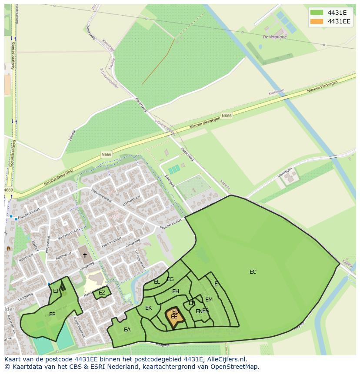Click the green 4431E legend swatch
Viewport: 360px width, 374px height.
point(317,13)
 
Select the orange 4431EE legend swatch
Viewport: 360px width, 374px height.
point(317,21)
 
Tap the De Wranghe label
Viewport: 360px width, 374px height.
point(275,37)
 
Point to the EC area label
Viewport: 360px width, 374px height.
point(253,272)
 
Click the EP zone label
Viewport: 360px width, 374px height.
point(52,314)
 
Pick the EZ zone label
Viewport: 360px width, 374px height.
point(102,293)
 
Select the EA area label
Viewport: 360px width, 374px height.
point(127,330)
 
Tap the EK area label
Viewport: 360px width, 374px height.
point(148,308)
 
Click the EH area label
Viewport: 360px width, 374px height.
point(176,291)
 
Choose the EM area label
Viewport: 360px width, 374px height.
point(209,300)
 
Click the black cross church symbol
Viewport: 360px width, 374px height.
point(85,255)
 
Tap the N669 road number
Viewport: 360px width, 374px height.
point(8,190)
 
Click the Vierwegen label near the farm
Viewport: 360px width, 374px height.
point(285,173)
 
